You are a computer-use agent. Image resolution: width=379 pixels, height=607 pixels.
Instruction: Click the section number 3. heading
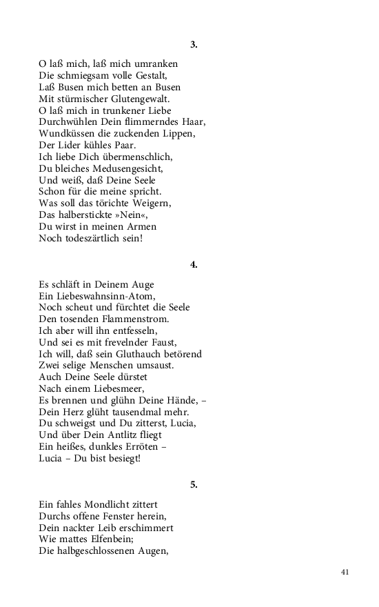point(194,45)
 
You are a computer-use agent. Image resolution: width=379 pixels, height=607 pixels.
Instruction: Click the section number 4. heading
point(194,265)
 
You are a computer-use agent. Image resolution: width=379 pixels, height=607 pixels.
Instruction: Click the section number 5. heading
point(194,485)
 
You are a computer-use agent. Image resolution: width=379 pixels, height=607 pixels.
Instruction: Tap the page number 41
point(345,572)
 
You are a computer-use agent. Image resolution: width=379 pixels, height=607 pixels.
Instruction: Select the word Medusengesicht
point(116,168)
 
